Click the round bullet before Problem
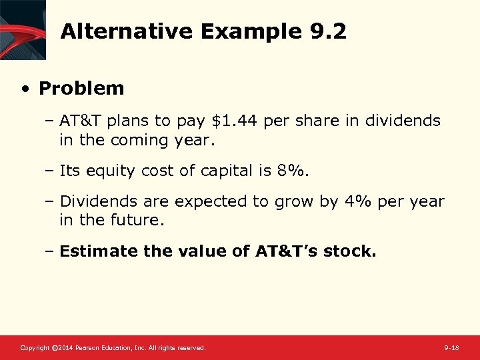pos(25,89)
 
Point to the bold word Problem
pos(81,88)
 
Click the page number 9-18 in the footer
pos(451,348)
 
